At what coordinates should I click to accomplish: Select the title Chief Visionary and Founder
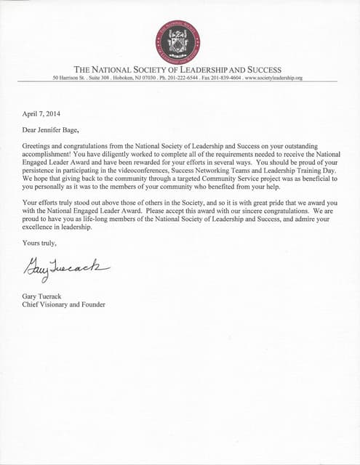[64, 304]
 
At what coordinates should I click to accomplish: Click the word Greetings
[38, 146]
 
